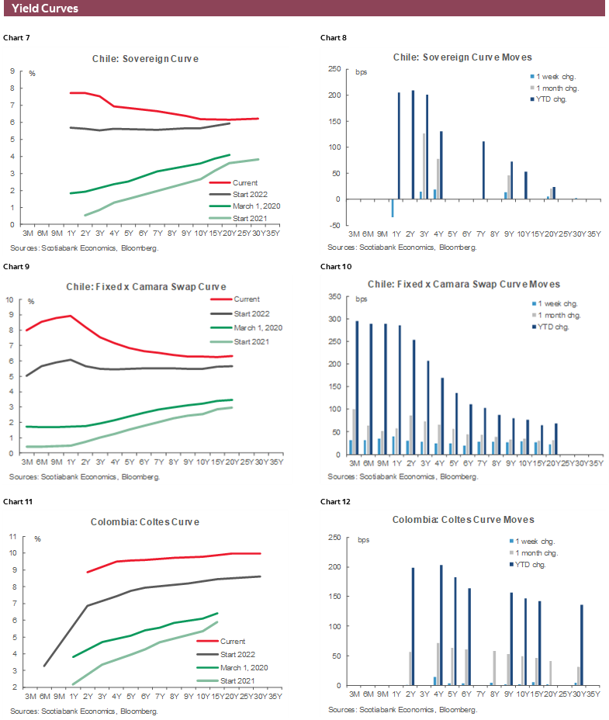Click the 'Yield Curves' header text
click(x=45, y=9)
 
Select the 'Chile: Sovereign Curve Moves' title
click(x=462, y=57)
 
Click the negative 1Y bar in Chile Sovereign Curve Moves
click(x=393, y=208)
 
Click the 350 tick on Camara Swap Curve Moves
click(x=337, y=296)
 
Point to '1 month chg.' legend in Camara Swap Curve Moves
click(x=558, y=315)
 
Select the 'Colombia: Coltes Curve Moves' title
click(x=462, y=520)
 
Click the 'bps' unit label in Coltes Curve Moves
click(x=364, y=540)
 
